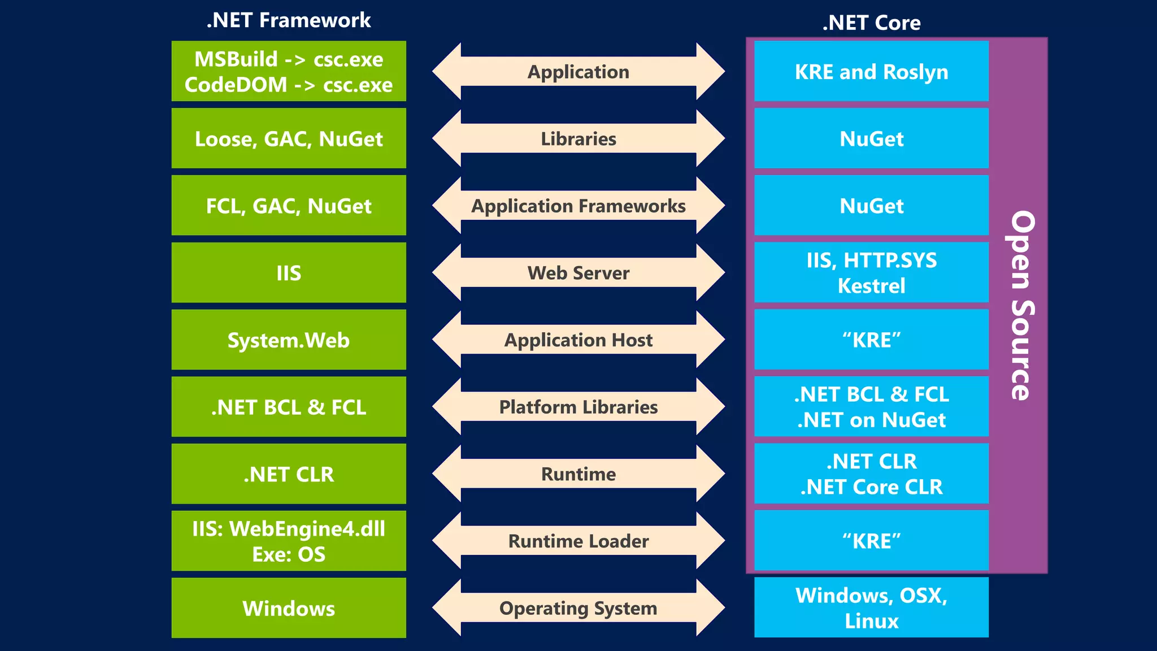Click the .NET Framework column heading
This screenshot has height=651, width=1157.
(288, 20)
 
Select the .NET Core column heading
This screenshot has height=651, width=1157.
(871, 23)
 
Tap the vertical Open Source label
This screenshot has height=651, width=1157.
(1021, 305)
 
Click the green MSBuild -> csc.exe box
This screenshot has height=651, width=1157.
(289, 71)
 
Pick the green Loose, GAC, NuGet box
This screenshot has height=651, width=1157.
(289, 138)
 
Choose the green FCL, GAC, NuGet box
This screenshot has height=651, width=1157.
(289, 206)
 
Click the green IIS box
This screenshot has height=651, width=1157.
(289, 273)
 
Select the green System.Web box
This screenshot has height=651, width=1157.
(289, 340)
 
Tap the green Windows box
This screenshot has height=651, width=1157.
(289, 608)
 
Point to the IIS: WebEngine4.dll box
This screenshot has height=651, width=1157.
(289, 541)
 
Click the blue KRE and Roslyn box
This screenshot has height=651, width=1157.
(871, 72)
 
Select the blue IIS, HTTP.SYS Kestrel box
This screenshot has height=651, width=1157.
(871, 273)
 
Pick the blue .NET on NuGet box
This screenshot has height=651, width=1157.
(871, 407)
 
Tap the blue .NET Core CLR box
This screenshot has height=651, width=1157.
(871, 474)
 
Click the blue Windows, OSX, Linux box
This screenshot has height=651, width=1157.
(871, 607)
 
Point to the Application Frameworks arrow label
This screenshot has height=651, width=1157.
(578, 206)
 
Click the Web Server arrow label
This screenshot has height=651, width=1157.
(578, 273)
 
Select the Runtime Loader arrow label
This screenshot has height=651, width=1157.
(578, 541)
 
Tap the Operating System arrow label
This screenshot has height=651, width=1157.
(578, 608)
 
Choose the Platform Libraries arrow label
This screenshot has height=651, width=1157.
(578, 407)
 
